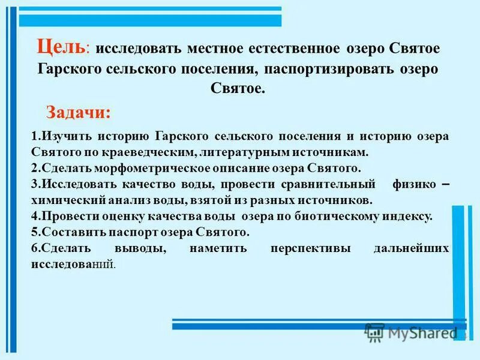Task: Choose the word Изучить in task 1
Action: coord(61,137)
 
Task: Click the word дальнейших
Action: coord(414,248)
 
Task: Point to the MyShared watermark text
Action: coord(420,332)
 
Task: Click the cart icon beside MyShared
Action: coord(375,332)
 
